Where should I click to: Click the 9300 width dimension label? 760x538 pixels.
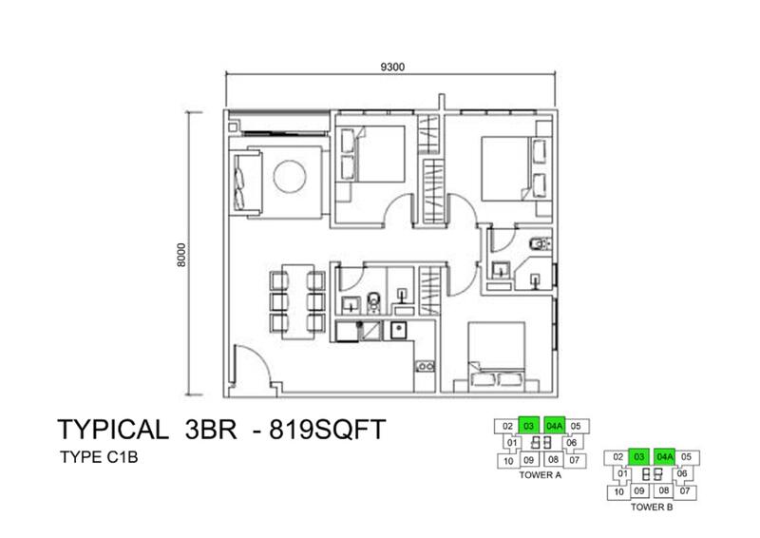pyautogui.click(x=392, y=67)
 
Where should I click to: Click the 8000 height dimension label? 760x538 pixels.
pyautogui.click(x=181, y=255)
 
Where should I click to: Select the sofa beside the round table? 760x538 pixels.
pyautogui.click(x=247, y=182)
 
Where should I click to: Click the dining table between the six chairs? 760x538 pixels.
pyautogui.click(x=297, y=301)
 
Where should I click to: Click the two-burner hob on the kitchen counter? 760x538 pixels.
pyautogui.click(x=425, y=366)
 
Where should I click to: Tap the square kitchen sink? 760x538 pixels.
pyautogui.click(x=398, y=331)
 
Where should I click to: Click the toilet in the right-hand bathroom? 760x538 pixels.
pyautogui.click(x=541, y=242)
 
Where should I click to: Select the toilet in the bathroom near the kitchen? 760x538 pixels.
pyautogui.click(x=373, y=302)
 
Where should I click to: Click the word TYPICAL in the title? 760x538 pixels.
pyautogui.click(x=113, y=430)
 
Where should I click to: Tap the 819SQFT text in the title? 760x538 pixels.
pyautogui.click(x=327, y=430)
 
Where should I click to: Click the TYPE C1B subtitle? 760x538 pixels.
pyautogui.click(x=99, y=457)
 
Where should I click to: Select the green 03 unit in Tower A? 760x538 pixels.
pyautogui.click(x=529, y=426)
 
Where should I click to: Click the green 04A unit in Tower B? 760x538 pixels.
pyautogui.click(x=665, y=457)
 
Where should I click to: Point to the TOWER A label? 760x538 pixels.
pyautogui.click(x=540, y=475)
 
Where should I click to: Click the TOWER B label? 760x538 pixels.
pyautogui.click(x=652, y=507)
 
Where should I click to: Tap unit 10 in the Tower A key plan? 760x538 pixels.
pyautogui.click(x=508, y=461)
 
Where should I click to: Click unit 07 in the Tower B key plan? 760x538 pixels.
pyautogui.click(x=684, y=490)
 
